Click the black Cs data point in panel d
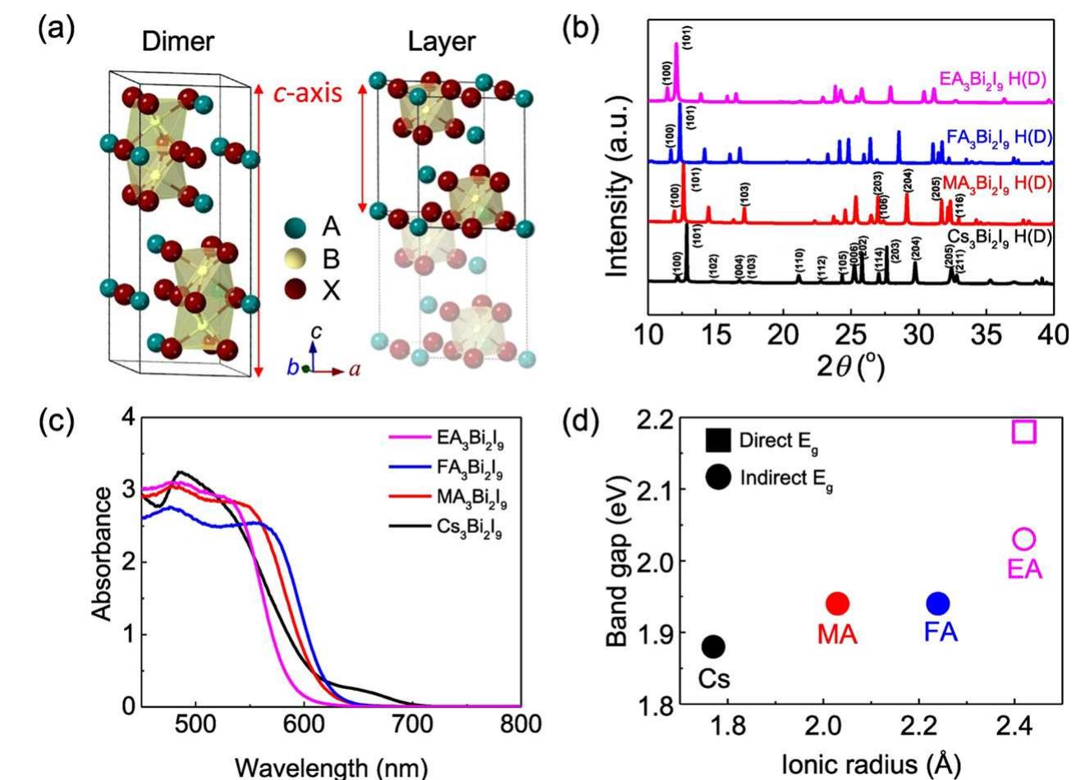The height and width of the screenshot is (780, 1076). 713,646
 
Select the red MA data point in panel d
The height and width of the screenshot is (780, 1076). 837,604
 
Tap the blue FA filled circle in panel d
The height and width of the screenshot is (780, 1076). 937,604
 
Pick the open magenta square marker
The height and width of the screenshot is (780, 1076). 1024,431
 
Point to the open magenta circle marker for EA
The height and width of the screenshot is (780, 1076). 1024,539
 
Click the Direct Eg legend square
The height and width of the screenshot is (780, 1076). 718,441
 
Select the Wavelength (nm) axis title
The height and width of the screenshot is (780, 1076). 331,767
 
